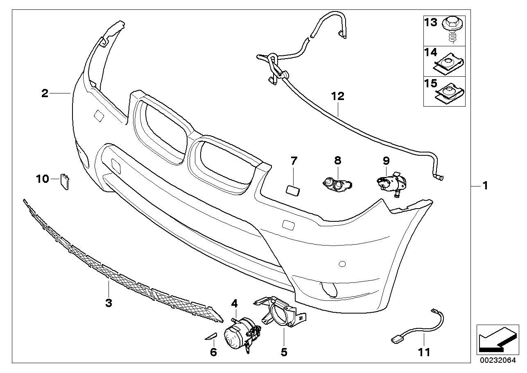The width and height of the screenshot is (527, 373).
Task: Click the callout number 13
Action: (x=431, y=23)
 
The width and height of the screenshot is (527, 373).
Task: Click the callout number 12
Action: (x=338, y=96)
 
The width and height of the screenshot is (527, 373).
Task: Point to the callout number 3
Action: (x=109, y=303)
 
